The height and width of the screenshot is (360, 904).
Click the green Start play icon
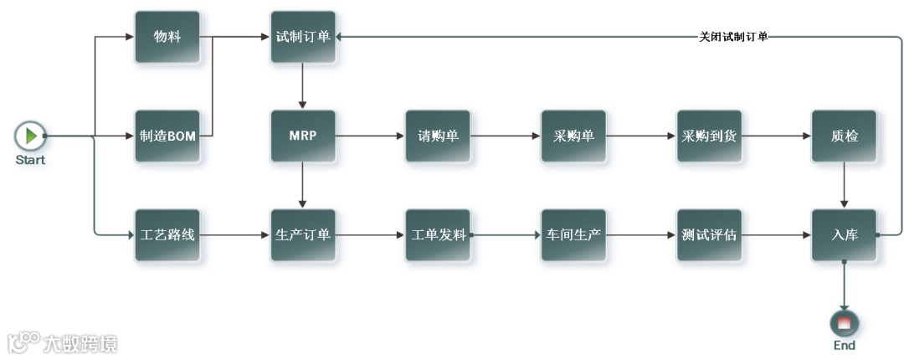coord(30,135)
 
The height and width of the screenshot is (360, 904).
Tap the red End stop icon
coord(844,323)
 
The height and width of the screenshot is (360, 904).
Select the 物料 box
coord(167,37)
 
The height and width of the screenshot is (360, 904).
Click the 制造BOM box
coord(167,136)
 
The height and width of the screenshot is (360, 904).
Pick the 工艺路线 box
coord(167,234)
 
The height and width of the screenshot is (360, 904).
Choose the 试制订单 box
coord(303,37)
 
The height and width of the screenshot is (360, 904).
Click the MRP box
coord(303,136)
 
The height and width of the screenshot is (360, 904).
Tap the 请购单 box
coord(438,136)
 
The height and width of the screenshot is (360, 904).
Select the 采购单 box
coord(573,136)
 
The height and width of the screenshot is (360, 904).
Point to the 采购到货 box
coord(709,136)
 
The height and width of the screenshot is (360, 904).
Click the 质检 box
coord(844,136)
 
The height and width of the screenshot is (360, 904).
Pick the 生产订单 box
coord(303,234)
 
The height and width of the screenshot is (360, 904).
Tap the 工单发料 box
coord(438,234)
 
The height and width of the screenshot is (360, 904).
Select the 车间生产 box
coord(573,234)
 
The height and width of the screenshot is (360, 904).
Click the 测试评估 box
coord(709,234)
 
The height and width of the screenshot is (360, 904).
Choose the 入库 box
coord(844,234)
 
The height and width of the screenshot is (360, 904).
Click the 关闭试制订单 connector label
coord(733,37)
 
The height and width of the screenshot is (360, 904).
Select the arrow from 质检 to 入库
coord(844,185)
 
